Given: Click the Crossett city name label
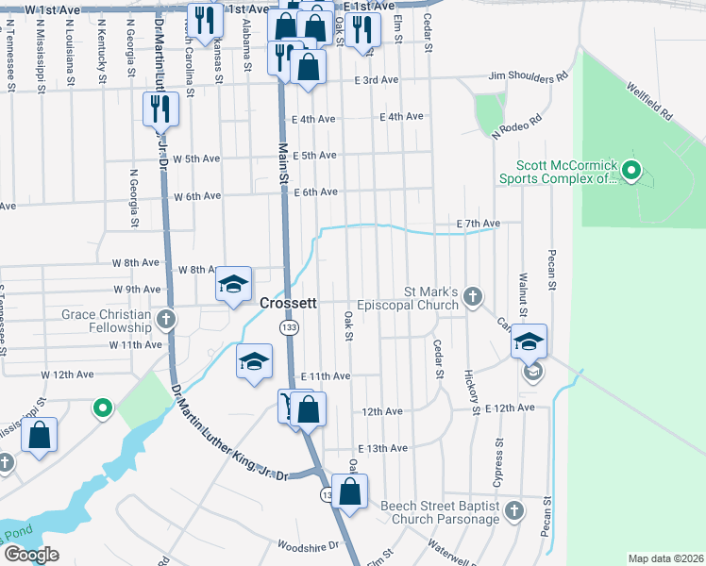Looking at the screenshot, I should (288, 304).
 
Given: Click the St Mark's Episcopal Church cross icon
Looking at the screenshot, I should (473, 298).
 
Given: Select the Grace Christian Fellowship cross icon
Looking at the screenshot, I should (167, 320).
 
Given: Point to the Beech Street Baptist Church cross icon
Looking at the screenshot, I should (513, 511).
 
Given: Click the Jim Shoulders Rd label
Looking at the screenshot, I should (529, 75).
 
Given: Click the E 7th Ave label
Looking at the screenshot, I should (478, 224).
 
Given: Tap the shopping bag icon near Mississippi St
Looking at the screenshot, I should (39, 436).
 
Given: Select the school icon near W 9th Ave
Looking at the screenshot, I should (232, 284).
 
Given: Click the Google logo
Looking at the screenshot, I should (30, 555).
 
